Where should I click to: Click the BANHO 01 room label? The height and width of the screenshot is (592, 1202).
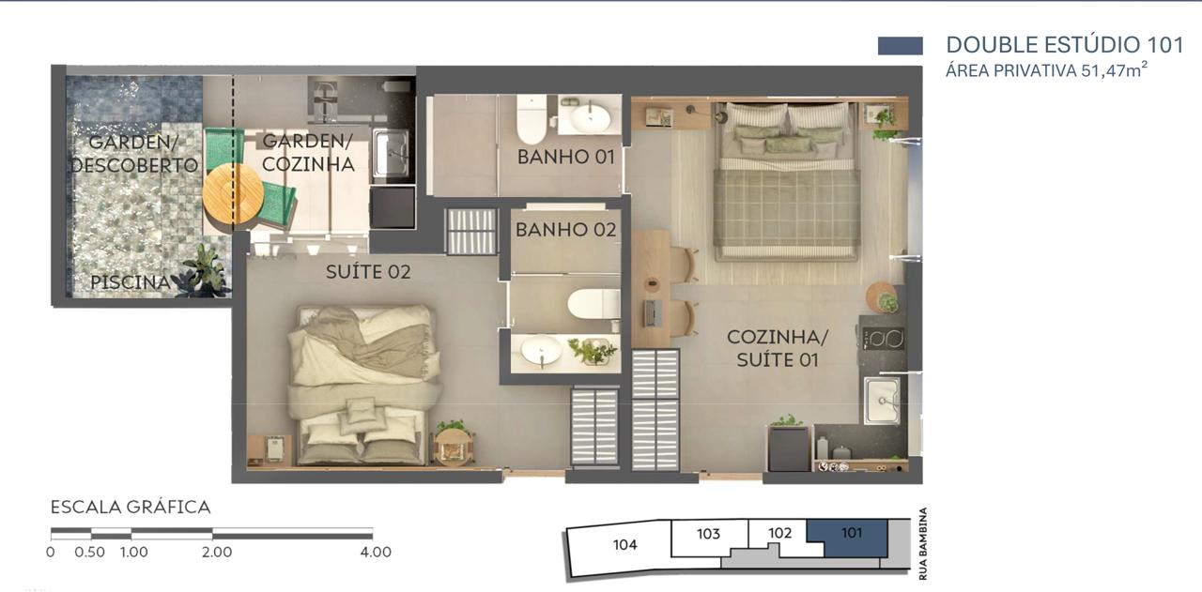(x=565, y=157)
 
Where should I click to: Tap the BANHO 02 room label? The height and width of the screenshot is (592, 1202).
(x=565, y=230)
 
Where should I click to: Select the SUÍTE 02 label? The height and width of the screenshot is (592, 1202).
(x=368, y=272)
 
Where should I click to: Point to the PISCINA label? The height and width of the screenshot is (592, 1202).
(x=130, y=282)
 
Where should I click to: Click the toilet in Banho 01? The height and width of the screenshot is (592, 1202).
(x=532, y=120)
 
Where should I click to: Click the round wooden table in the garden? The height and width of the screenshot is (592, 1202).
(x=233, y=194)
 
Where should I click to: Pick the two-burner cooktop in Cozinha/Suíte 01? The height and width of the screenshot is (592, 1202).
(x=884, y=339)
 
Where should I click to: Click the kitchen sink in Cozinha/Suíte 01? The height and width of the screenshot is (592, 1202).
(x=882, y=401)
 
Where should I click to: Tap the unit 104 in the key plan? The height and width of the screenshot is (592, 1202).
(x=624, y=545)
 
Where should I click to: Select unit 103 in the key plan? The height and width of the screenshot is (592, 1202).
(x=709, y=534)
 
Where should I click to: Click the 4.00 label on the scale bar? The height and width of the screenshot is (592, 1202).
(x=376, y=553)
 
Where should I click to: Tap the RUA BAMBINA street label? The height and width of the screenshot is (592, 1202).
(x=923, y=544)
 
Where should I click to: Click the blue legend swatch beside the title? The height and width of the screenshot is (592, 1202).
(x=900, y=46)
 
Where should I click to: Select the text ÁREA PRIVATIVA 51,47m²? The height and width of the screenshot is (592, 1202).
(x=1046, y=70)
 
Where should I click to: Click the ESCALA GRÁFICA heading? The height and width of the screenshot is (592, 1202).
(x=131, y=508)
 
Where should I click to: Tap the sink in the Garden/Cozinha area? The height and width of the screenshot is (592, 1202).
(x=391, y=153)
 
